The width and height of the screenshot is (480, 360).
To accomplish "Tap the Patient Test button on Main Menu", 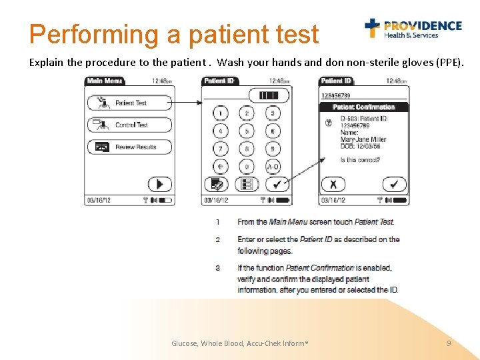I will (129, 103).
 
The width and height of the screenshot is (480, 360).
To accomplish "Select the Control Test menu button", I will (129, 125).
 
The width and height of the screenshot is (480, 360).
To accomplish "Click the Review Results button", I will (129, 147).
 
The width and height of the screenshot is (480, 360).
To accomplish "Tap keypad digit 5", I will (247, 131).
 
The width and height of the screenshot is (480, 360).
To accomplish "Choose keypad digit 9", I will (273, 149).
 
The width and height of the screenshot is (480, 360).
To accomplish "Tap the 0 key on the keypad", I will (247, 166).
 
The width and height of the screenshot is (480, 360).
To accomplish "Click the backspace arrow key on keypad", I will (220, 166).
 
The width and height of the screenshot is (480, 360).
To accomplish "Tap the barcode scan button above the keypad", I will (269, 95).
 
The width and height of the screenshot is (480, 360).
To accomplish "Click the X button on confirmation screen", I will (333, 184).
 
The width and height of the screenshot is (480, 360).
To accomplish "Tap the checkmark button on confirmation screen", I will (394, 184).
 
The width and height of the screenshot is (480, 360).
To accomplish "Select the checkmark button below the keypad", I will (277, 184).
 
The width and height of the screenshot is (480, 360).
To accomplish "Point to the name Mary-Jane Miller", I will (364, 139).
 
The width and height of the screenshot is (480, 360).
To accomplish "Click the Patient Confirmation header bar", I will (363, 107).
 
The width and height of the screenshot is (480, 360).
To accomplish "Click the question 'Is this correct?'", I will (360, 160).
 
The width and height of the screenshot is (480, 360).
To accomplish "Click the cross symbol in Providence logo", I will (372, 27).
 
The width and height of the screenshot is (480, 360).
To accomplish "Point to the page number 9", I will (449, 343).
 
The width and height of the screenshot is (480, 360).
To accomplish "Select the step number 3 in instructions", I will (217, 268).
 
